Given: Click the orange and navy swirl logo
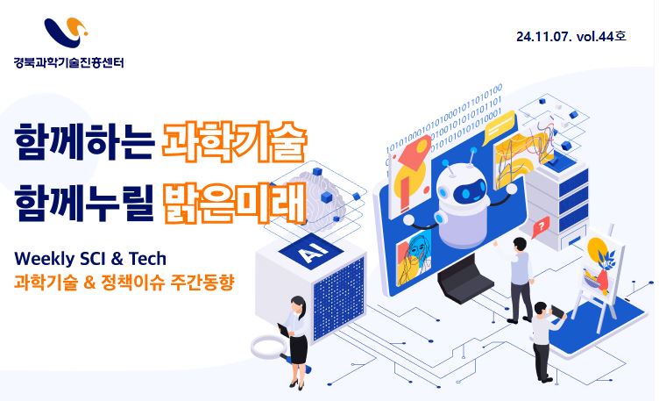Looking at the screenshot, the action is (x=66, y=32).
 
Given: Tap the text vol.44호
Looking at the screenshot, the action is (x=601, y=36).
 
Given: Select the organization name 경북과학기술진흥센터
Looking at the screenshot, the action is (x=69, y=62).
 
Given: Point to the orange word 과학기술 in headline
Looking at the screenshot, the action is (x=235, y=142).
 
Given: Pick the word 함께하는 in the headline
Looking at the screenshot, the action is (x=84, y=142).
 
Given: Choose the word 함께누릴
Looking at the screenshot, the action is (x=84, y=203).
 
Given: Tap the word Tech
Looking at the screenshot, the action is (x=147, y=258).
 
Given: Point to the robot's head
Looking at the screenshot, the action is (x=464, y=188).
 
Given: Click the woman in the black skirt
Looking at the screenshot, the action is (x=295, y=341).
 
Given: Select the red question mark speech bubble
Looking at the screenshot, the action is (x=541, y=226).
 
